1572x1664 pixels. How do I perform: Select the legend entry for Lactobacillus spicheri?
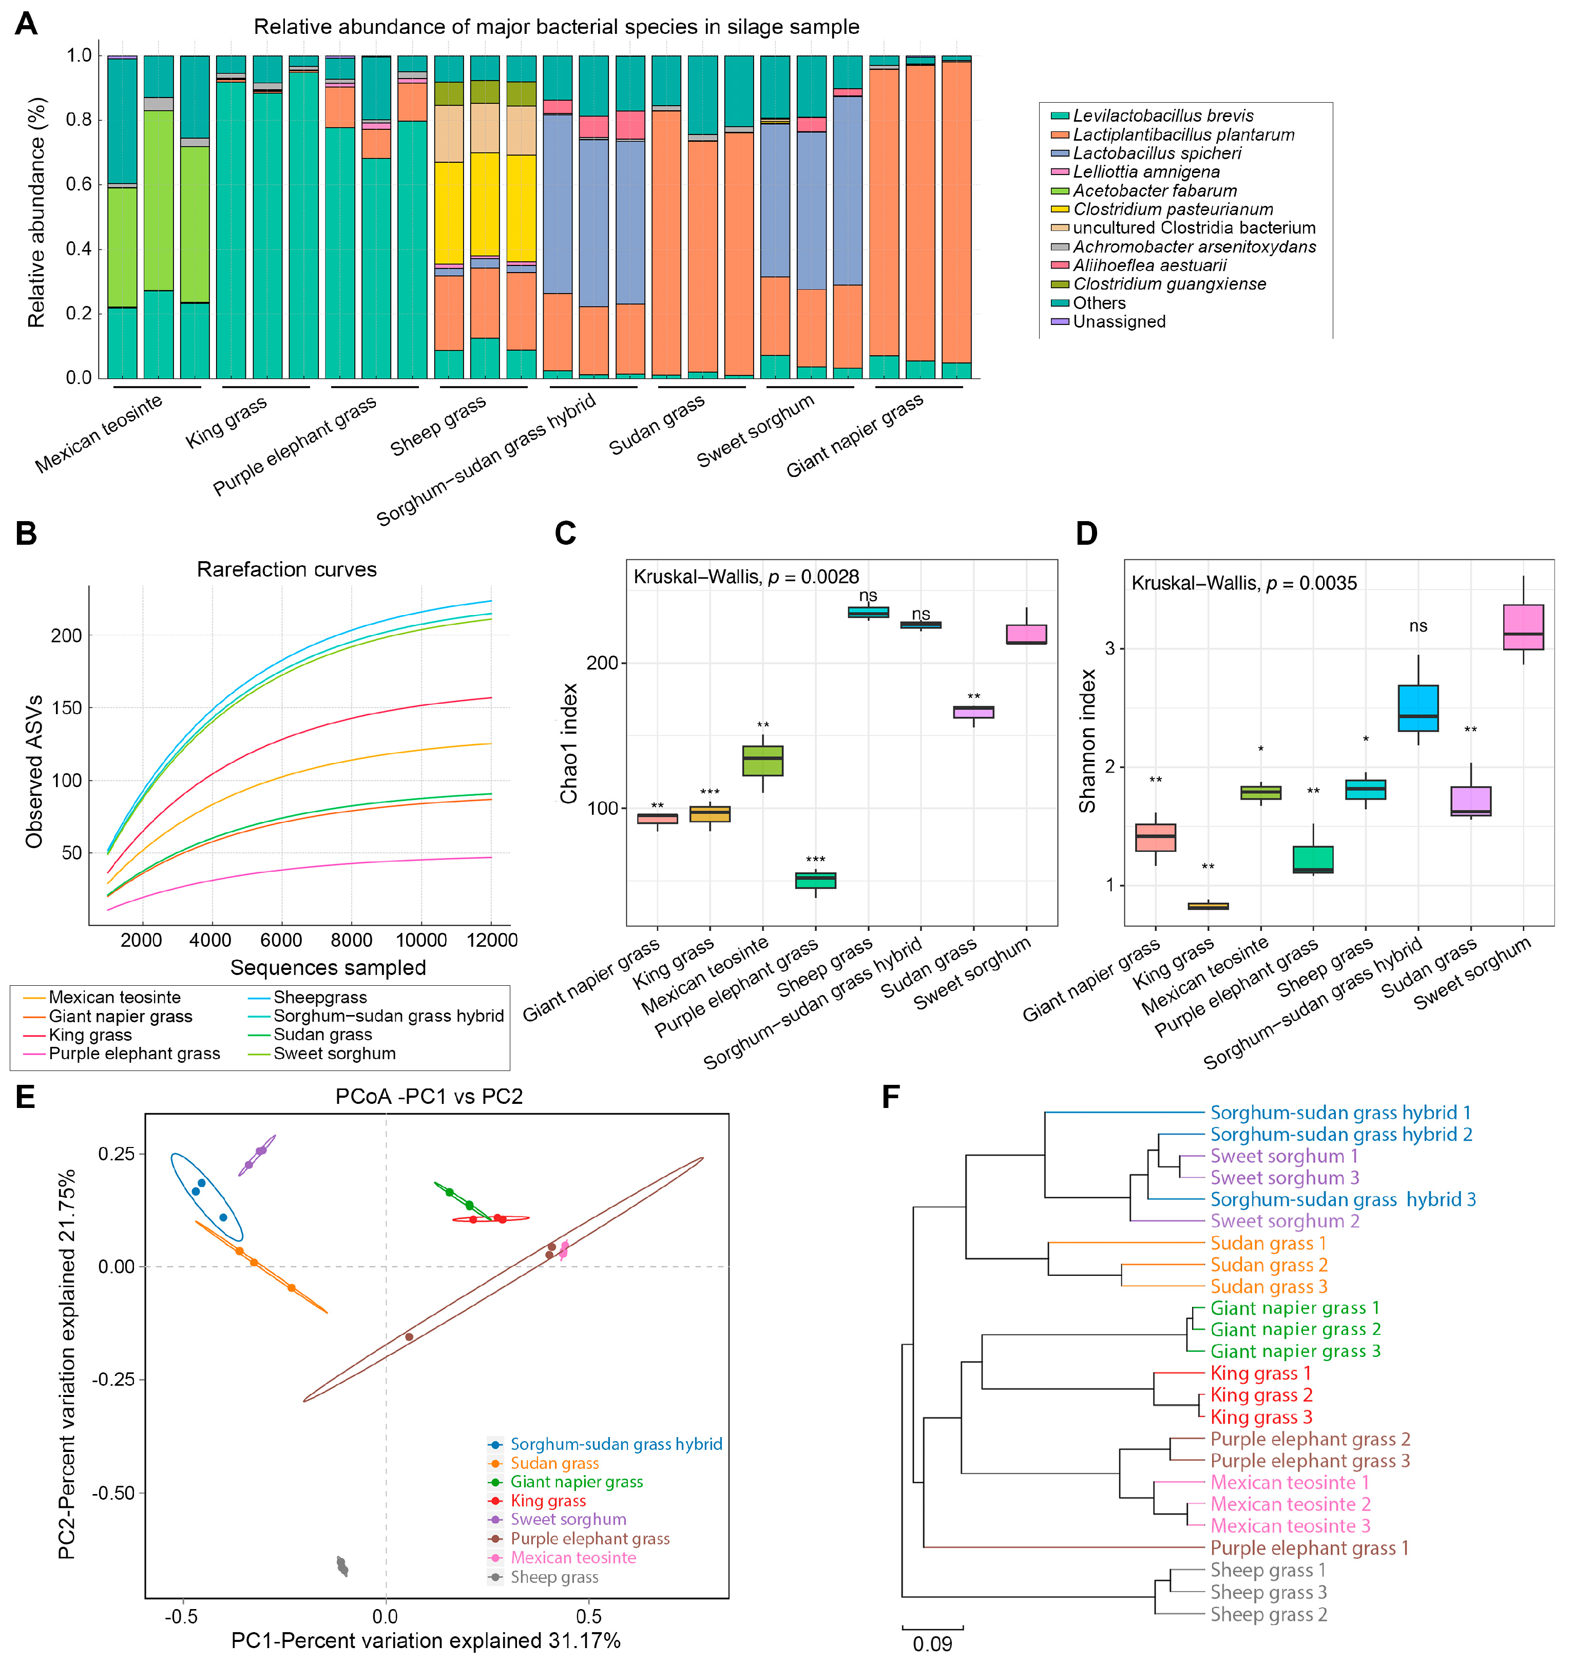1156,154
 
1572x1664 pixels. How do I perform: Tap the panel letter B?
26,534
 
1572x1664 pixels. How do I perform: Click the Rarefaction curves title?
286,570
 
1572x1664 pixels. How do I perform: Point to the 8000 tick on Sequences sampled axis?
351,940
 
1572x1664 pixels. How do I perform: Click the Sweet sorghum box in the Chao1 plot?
1026,634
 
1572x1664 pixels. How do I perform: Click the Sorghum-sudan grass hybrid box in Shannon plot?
1418,708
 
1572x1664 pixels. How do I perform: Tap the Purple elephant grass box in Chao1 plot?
815,881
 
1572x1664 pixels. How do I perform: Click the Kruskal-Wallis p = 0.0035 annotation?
1243,583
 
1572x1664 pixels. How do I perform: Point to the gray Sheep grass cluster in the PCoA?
342,1565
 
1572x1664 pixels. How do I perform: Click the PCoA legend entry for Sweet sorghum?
568,1519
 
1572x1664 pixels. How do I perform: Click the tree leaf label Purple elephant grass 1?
1309,1547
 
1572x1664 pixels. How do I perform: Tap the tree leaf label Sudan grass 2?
1269,1265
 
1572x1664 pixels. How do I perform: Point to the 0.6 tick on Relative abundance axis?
79,184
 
